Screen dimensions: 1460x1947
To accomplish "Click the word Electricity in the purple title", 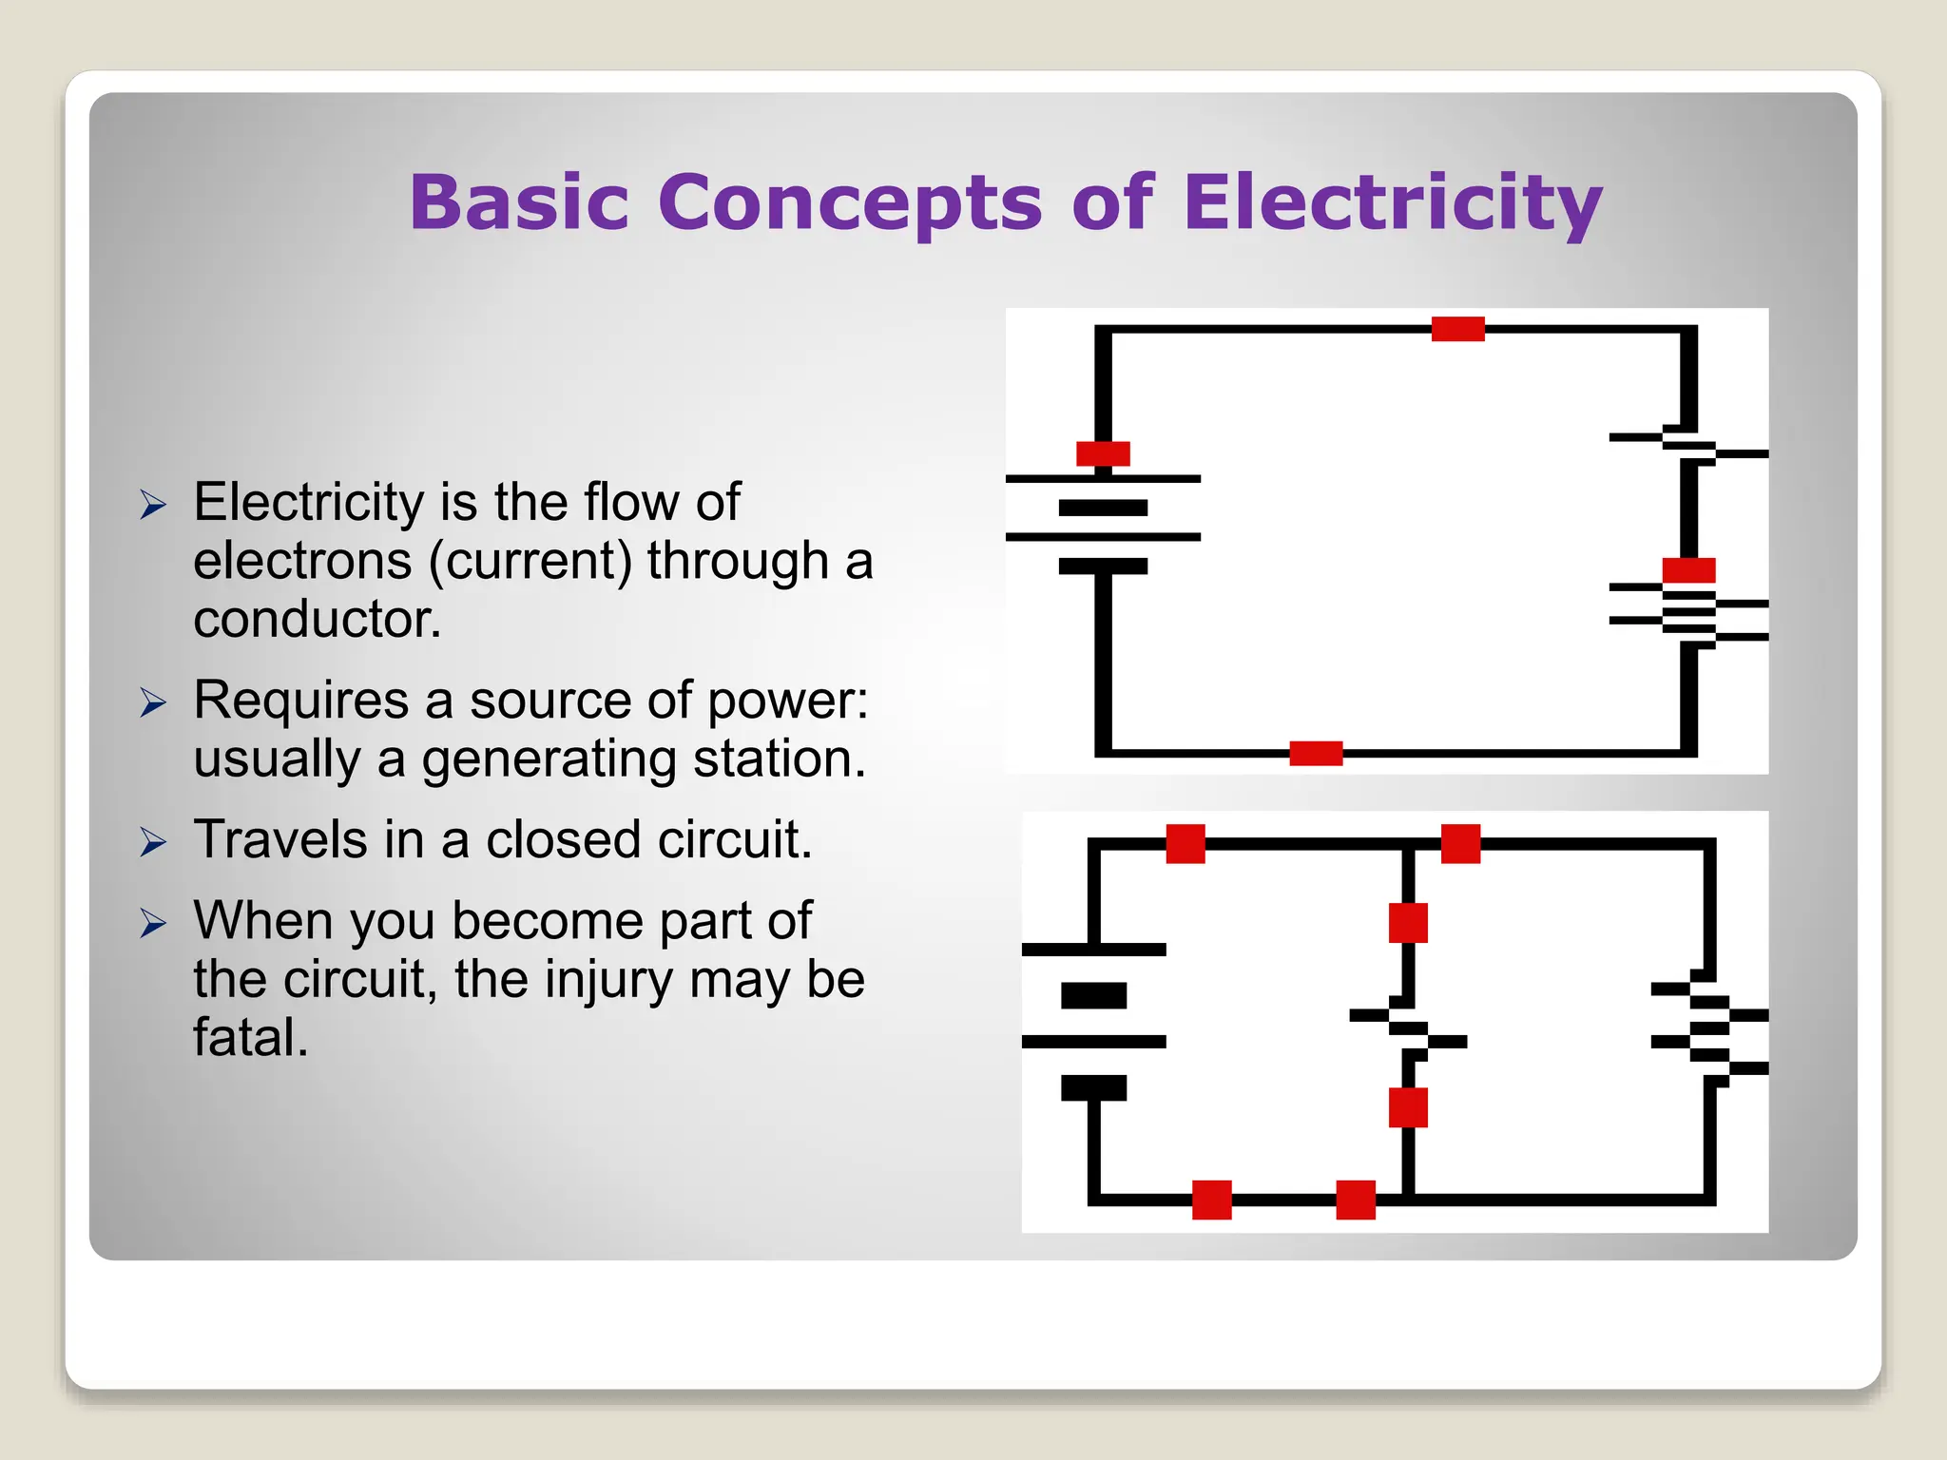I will tap(1392, 202).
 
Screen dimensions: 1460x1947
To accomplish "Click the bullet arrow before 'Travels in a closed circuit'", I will tap(153, 842).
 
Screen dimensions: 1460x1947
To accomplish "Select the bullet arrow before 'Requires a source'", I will tap(153, 703).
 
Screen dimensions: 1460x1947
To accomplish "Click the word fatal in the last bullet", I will tap(251, 1037).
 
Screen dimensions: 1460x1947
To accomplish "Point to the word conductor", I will tap(318, 619).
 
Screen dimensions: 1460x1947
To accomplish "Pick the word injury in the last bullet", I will tap(608, 979).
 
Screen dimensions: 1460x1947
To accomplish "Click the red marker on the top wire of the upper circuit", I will tap(1457, 329).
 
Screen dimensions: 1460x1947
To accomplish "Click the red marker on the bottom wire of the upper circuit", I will tap(1316, 754).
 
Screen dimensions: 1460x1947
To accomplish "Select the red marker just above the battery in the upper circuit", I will tap(1103, 453).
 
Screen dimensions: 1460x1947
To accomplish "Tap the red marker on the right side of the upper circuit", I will tap(1688, 570).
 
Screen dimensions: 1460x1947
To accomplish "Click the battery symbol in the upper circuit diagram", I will tap(1103, 523).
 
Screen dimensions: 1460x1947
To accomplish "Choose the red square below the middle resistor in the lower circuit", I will tap(1408, 1107).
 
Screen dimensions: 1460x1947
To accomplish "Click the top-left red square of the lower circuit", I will tap(1186, 844).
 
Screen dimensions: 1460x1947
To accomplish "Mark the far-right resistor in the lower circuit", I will tap(1709, 1028).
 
